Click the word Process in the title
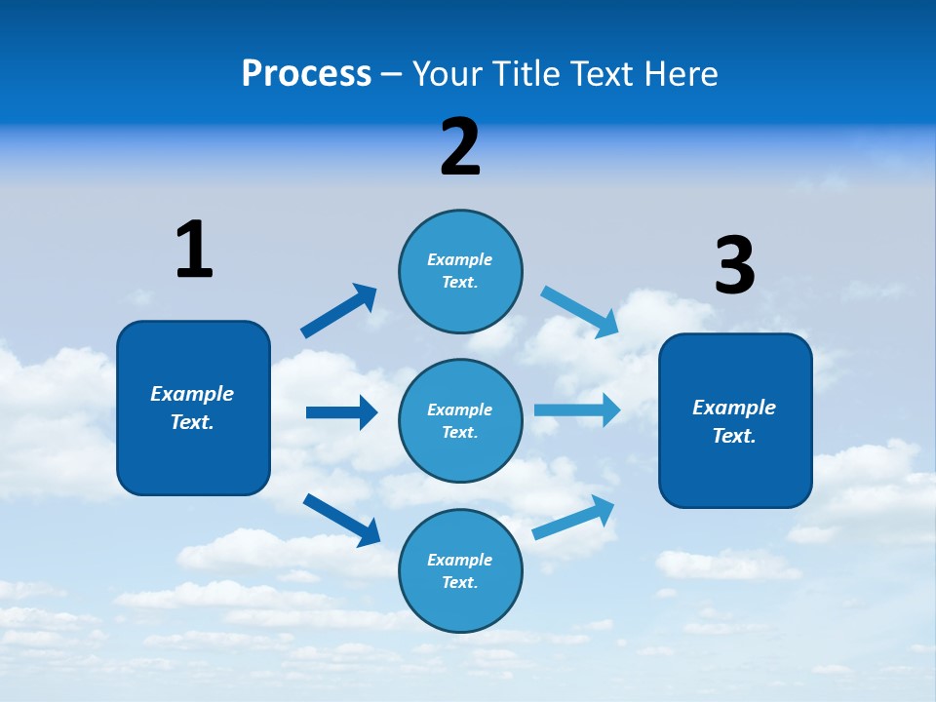point(306,73)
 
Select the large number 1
point(194,250)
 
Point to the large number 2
point(460,147)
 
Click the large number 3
point(734,265)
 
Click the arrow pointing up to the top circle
point(338,311)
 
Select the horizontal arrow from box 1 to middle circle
point(341,412)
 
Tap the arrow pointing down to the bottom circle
point(341,519)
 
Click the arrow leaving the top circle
point(579,311)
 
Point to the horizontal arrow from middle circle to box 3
point(577,409)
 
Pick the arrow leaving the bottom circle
point(573,518)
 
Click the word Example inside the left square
point(192,394)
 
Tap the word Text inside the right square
point(733,436)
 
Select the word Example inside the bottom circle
point(459,560)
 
